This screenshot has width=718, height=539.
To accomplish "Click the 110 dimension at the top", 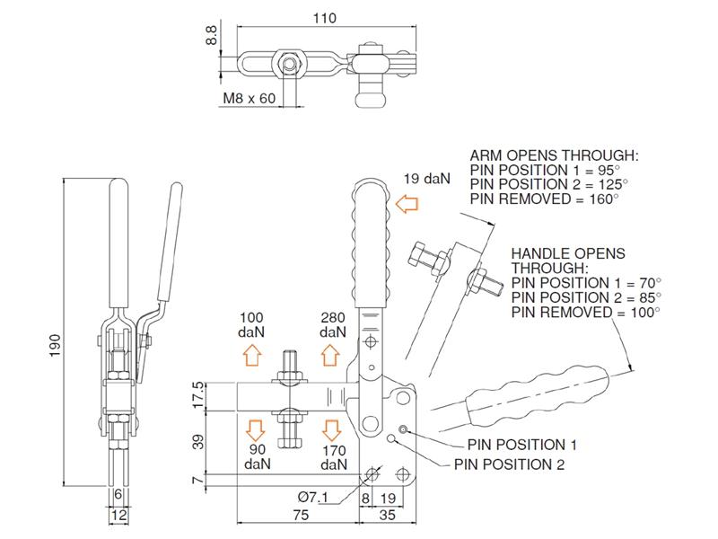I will (x=325, y=15).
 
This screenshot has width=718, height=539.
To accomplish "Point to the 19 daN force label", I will (x=425, y=178).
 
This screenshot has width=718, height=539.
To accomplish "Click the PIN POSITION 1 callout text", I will (x=521, y=445).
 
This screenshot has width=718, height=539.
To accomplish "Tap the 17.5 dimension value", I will (x=199, y=395).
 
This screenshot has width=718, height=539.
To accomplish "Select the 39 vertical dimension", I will (x=199, y=441).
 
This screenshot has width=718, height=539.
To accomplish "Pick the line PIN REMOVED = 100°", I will (x=584, y=312).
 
